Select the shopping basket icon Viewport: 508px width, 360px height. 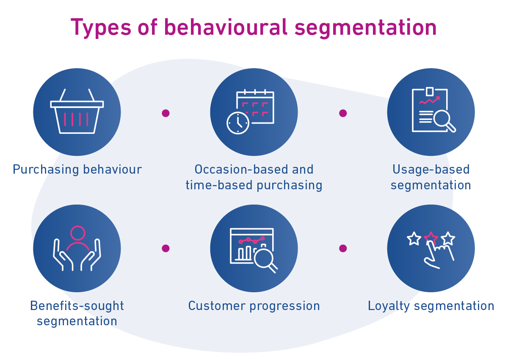[x=77, y=112]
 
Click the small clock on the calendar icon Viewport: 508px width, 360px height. [x=238, y=123]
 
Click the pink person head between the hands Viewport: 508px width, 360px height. [x=78, y=233]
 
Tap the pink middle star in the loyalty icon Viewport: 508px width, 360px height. [x=431, y=237]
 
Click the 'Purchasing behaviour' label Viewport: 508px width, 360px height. [x=77, y=169]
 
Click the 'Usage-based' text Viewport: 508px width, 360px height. [x=431, y=169]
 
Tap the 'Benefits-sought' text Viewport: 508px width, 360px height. [x=77, y=305]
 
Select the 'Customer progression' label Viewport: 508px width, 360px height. [x=254, y=305]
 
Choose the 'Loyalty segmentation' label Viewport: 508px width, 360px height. [x=431, y=305]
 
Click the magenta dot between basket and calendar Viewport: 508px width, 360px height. [x=166, y=113]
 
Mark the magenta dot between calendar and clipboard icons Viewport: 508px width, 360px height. [x=343, y=113]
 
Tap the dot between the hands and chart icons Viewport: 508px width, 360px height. [x=166, y=248]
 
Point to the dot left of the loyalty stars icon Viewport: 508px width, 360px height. [x=343, y=248]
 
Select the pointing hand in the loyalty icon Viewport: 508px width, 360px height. [x=436, y=254]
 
